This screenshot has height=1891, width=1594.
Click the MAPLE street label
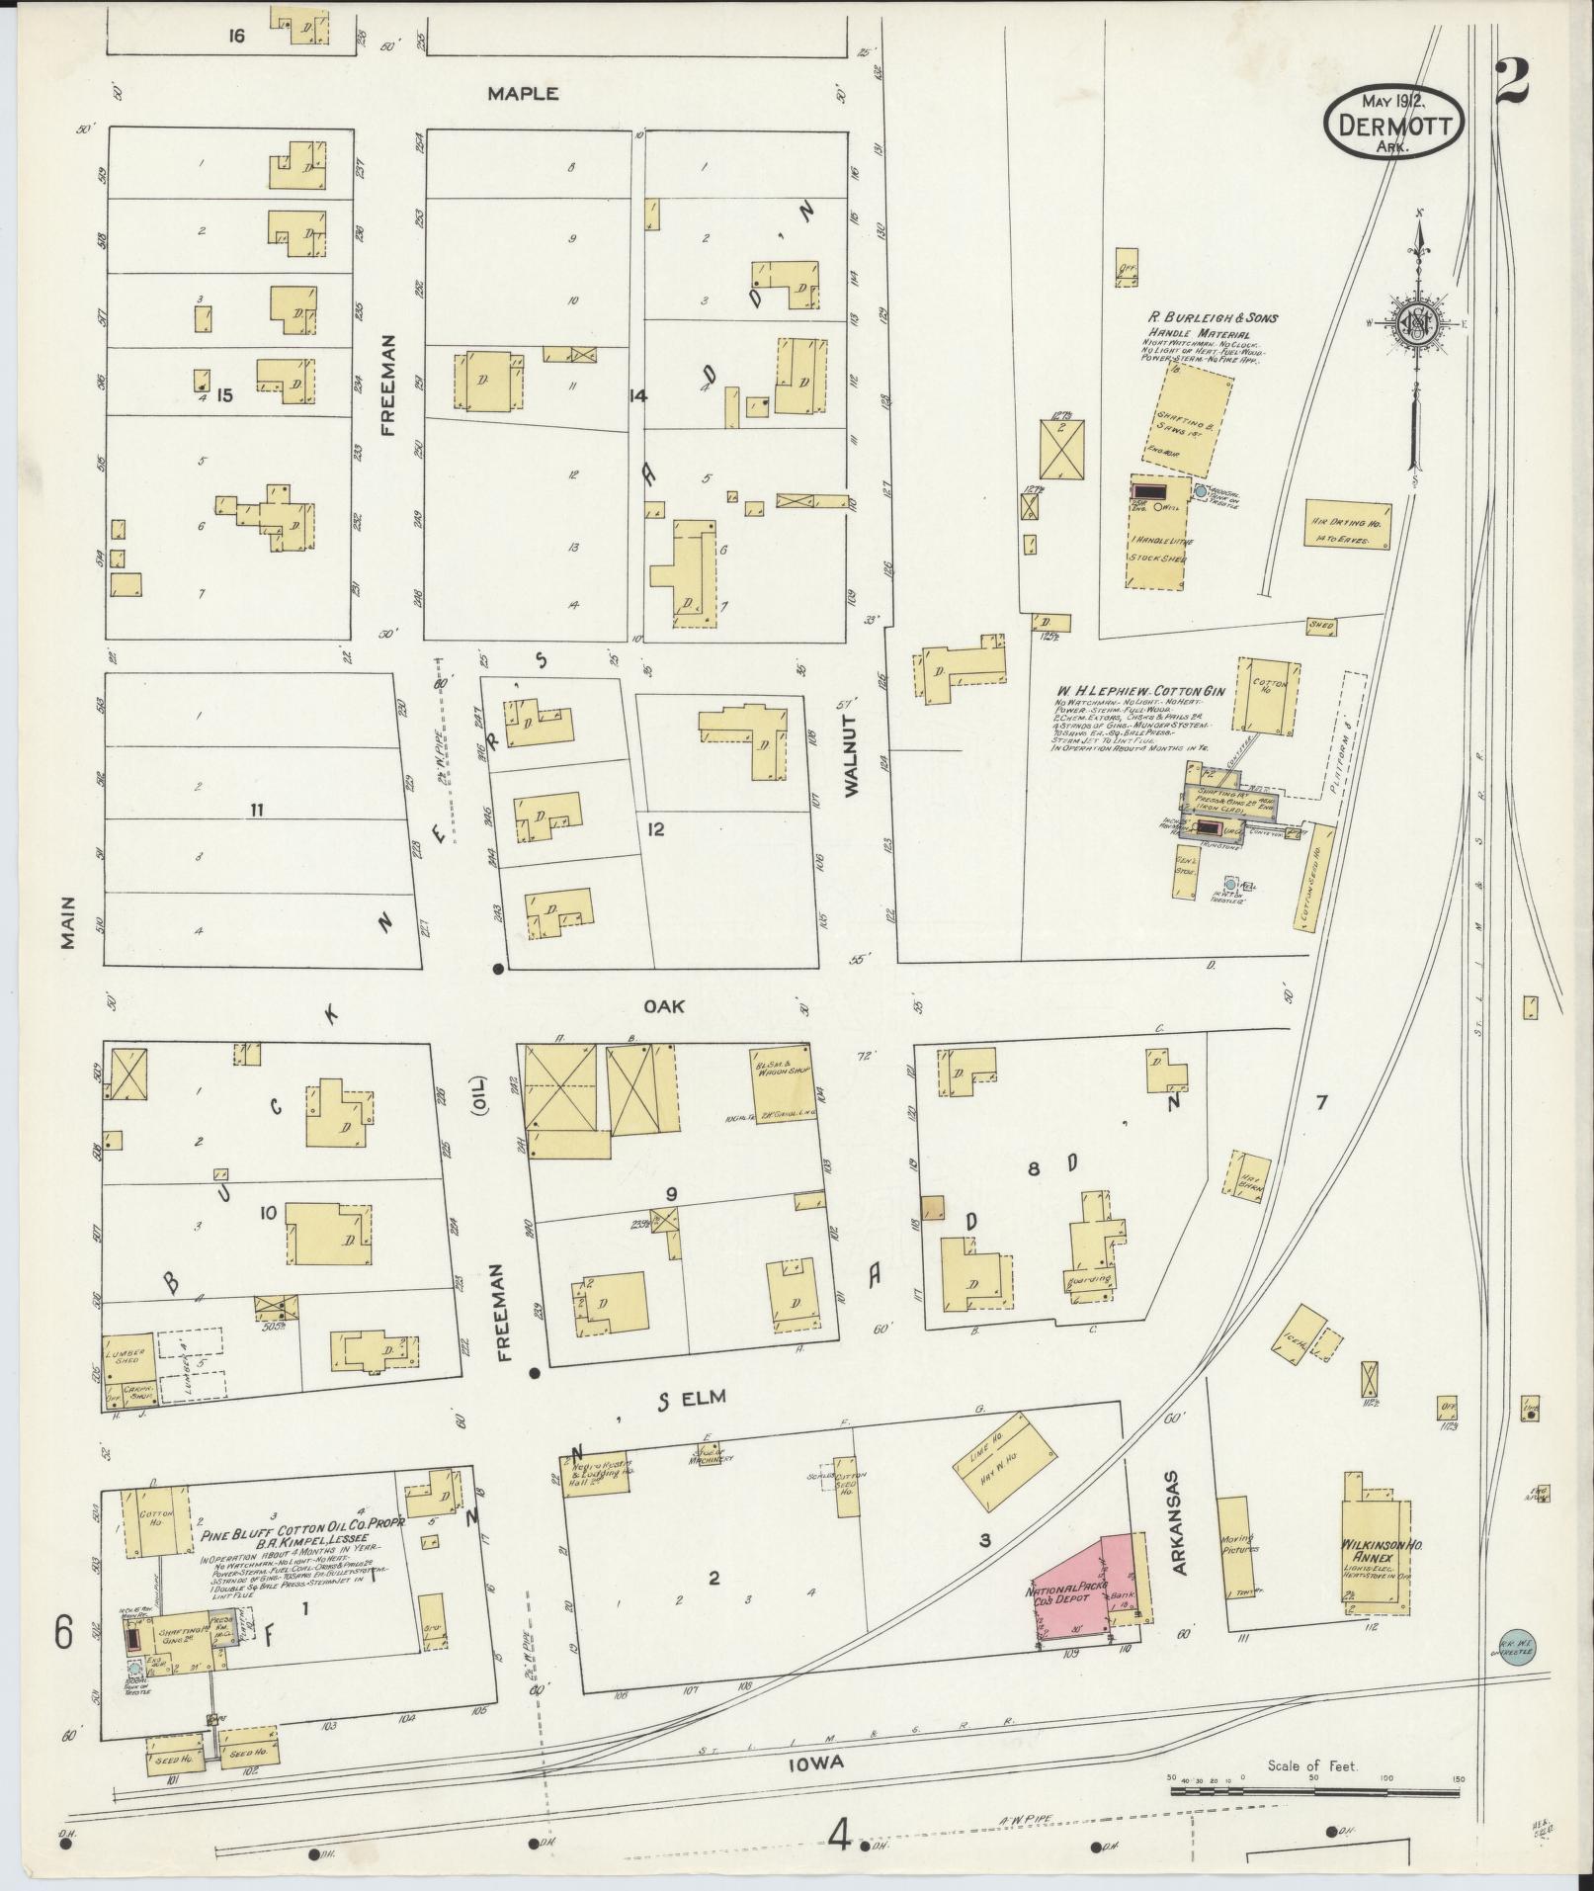tap(523, 94)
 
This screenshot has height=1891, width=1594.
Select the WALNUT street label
tap(855, 742)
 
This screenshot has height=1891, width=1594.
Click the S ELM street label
tap(690, 1397)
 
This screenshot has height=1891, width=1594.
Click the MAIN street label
tap(67, 921)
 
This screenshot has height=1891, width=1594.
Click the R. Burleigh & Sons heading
tap(1212, 318)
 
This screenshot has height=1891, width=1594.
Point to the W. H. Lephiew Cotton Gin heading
tap(1141, 691)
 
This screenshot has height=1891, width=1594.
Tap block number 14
tap(637, 395)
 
